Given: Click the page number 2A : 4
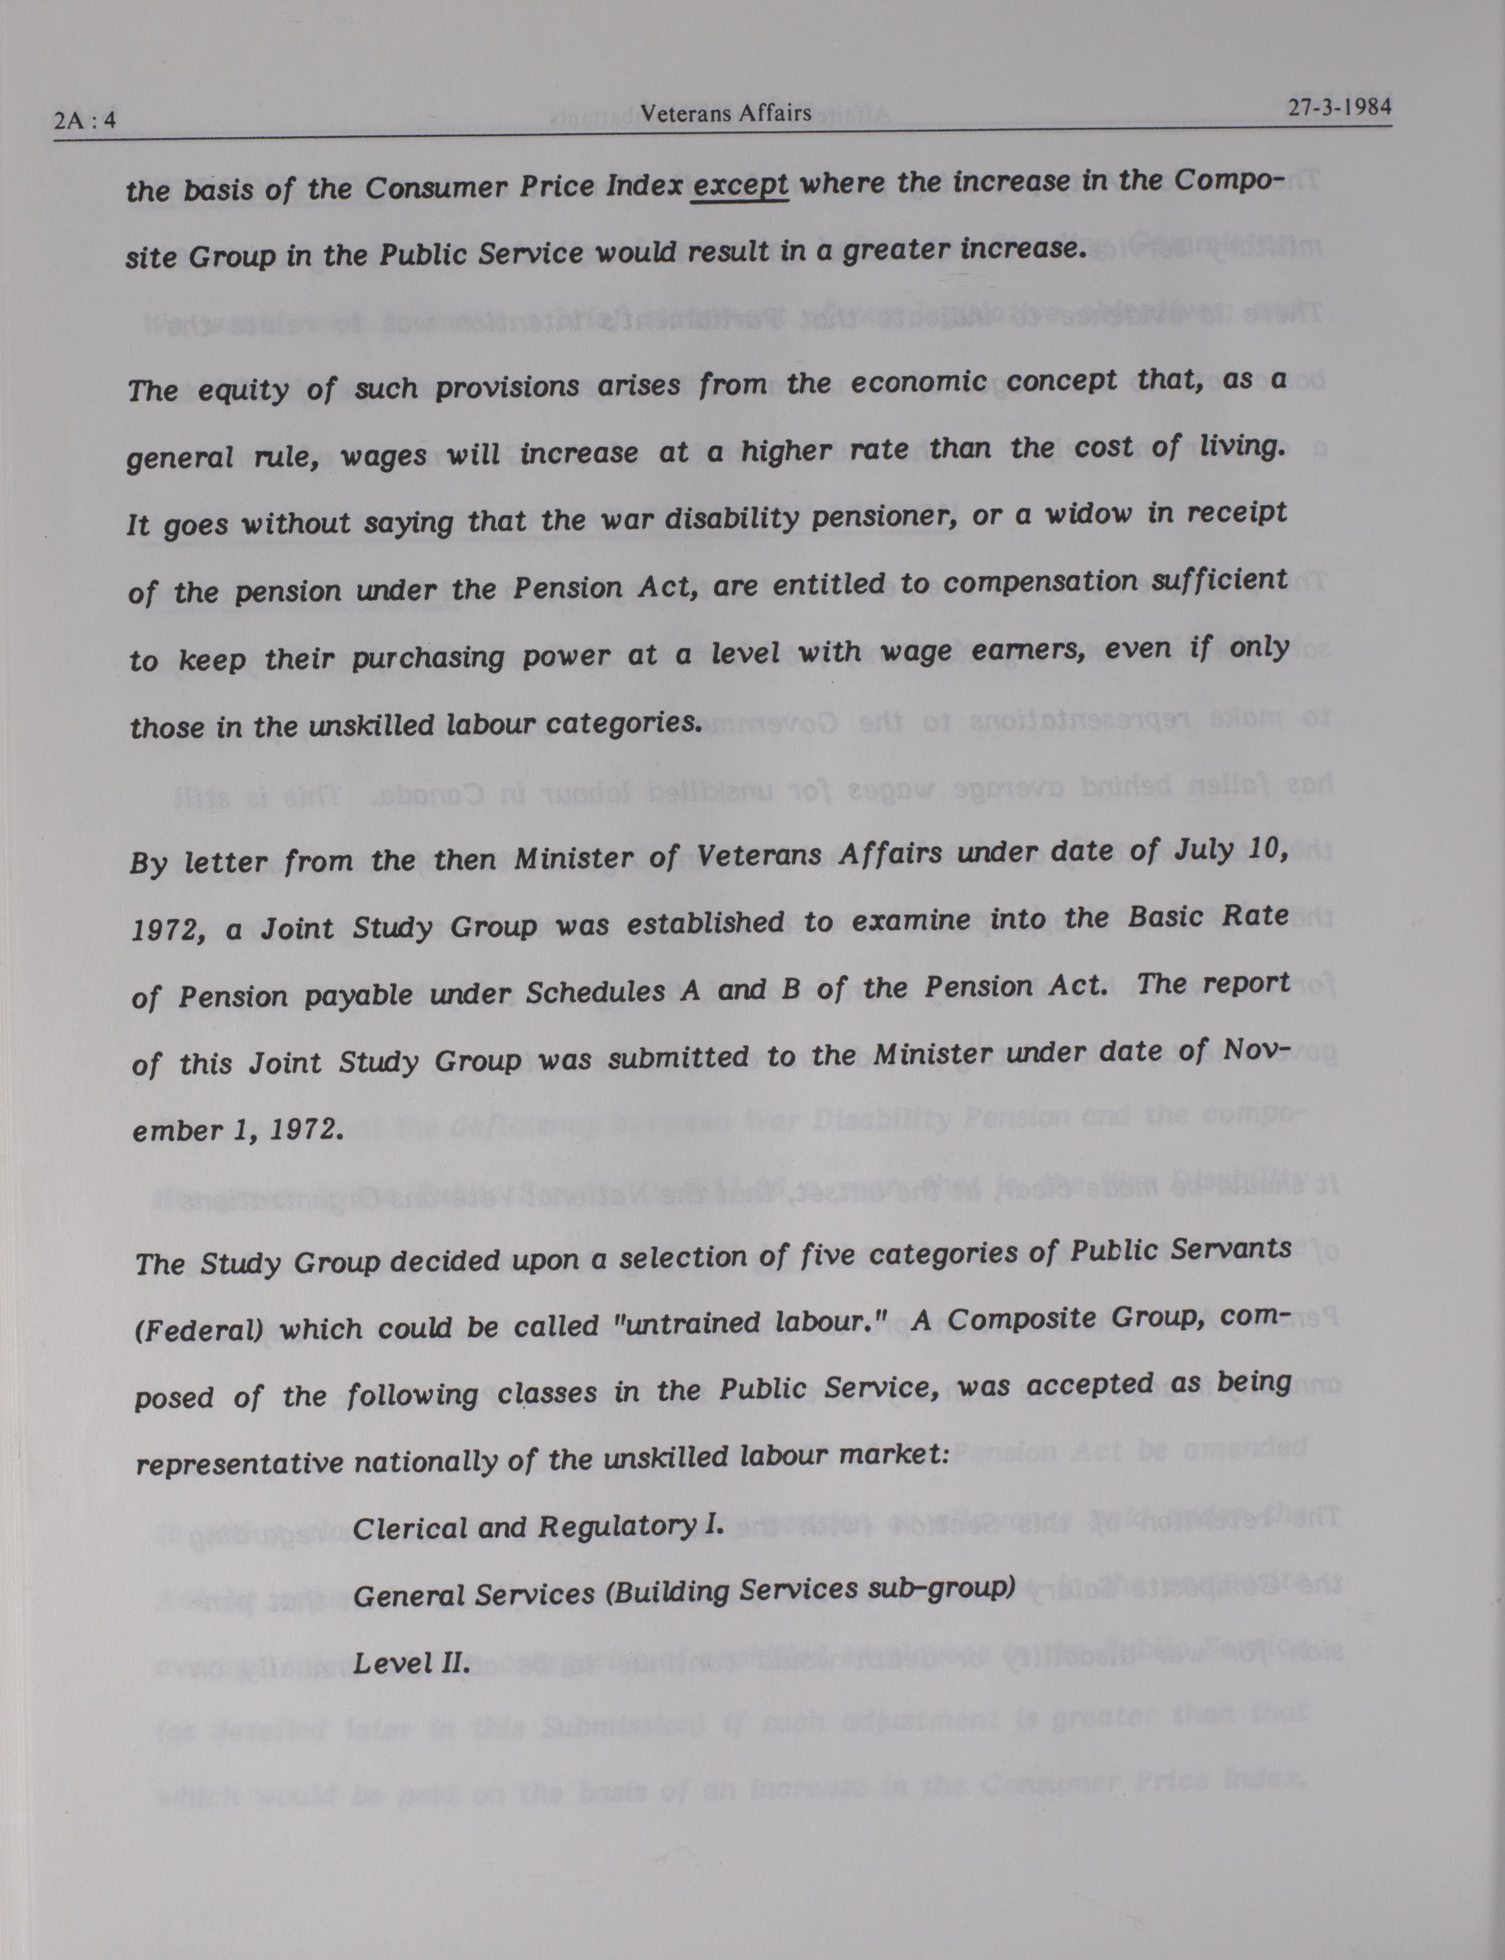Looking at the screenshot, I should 85,119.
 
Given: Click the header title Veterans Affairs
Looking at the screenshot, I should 726,113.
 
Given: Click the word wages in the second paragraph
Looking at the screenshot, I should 384,455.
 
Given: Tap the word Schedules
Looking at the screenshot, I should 595,991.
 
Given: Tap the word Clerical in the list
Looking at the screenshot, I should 408,1528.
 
